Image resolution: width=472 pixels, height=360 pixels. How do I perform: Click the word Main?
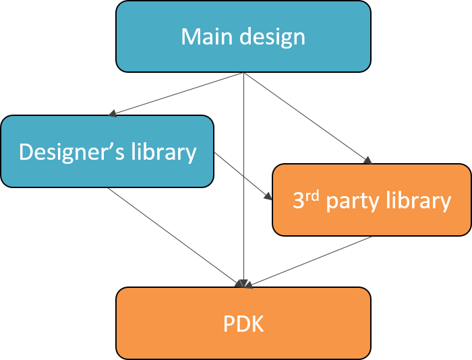pos(203,36)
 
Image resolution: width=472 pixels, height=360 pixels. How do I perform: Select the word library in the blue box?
pos(164,152)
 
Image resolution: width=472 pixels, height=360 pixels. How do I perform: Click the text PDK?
pos(243,324)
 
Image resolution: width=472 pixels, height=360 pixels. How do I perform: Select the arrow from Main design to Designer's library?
pos(175,94)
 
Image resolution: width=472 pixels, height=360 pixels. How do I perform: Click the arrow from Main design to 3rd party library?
pos(307,118)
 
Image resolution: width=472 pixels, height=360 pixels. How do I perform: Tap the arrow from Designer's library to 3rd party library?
pos(243,176)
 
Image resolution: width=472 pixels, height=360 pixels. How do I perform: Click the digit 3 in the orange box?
pos(297,201)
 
